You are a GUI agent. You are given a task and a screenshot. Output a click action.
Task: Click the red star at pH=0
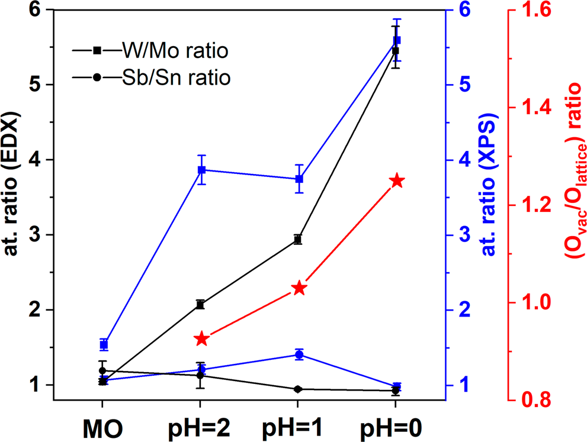pos(396,181)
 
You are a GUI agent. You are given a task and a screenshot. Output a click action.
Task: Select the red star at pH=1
pos(299,288)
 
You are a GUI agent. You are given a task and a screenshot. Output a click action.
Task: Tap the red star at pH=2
pos(201,339)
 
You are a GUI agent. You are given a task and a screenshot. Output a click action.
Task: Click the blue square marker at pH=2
pos(201,170)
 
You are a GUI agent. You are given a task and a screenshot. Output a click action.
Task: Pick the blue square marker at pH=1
pos(299,179)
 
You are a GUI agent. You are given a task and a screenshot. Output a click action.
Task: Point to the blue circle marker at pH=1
pos(299,354)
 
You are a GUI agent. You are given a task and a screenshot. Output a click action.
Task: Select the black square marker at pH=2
pos(201,304)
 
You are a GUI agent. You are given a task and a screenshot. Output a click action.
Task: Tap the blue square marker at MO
pos(104,344)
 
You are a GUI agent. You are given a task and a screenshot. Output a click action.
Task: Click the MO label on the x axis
pos(102,427)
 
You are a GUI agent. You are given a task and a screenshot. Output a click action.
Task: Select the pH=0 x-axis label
pos(396,427)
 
